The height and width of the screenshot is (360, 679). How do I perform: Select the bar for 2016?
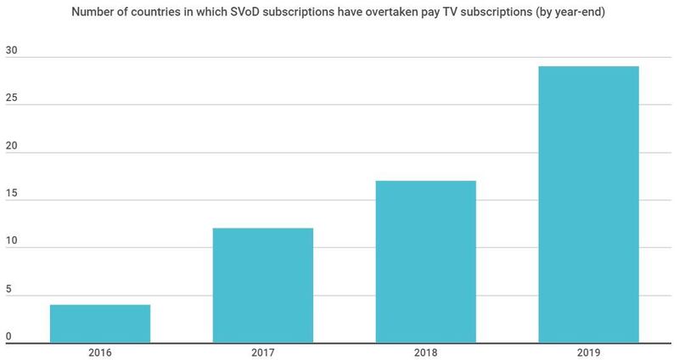(100, 323)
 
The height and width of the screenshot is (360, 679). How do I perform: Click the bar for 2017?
(263, 285)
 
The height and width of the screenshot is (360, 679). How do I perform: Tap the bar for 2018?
(426, 262)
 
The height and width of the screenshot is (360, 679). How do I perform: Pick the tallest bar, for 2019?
(589, 204)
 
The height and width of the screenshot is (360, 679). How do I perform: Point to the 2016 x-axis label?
(100, 351)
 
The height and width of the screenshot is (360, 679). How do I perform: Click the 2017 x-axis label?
(263, 351)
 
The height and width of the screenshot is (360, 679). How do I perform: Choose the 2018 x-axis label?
(426, 351)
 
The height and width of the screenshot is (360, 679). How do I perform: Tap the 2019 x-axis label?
(589, 351)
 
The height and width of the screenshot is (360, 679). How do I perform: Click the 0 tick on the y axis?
(8, 337)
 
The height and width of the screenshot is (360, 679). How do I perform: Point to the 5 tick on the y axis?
(8, 290)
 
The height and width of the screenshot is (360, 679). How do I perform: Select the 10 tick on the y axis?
(11, 242)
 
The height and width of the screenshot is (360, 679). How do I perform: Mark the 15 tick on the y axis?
(11, 194)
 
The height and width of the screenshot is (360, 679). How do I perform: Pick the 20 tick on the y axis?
(11, 147)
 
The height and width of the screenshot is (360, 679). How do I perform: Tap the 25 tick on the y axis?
(11, 99)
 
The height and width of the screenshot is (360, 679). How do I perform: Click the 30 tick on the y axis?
(11, 52)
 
